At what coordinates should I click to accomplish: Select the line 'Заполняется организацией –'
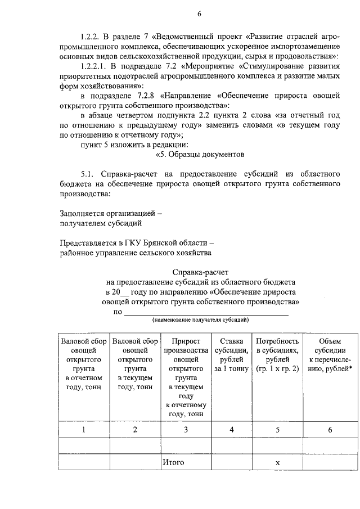(111, 213)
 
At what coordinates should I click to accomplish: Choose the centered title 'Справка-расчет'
(200, 272)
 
